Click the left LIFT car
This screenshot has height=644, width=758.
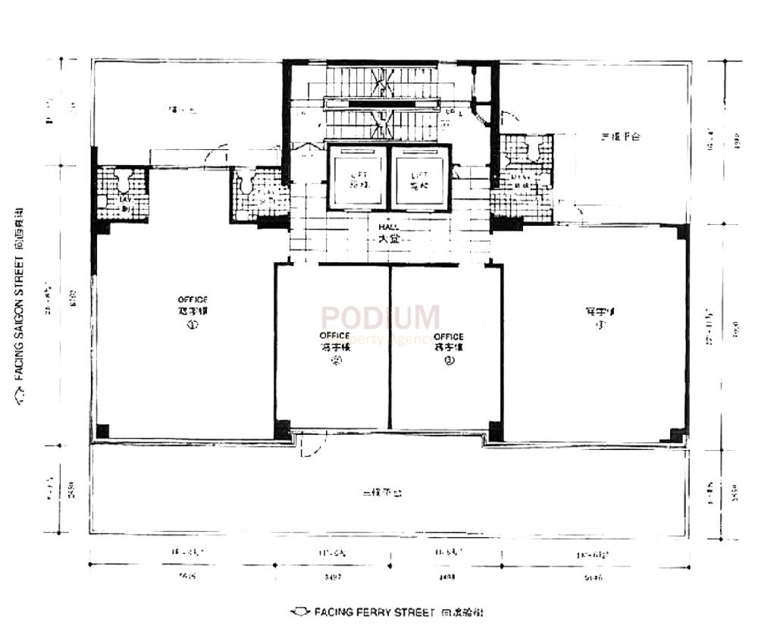pos(356,179)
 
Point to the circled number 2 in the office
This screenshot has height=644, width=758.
pos(334,361)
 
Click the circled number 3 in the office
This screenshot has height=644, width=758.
pos(449,361)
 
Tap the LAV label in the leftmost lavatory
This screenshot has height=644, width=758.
pos(124,202)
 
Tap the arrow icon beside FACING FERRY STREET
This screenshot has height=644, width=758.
pos(300,611)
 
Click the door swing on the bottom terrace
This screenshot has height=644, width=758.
pos(309,447)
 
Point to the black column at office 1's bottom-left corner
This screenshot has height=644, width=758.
pos(102,431)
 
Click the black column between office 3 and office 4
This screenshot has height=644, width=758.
pos(496,430)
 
